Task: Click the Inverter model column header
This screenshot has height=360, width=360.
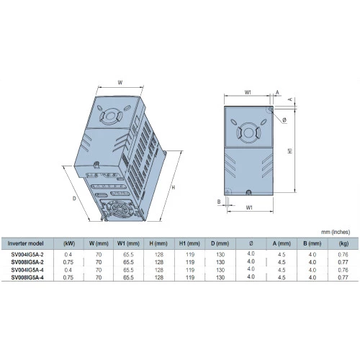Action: pos(25,243)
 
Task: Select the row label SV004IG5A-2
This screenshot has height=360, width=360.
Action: pos(27,254)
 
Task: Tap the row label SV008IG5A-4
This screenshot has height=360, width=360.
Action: pos(27,277)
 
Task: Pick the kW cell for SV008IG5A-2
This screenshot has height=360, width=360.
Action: pos(68,262)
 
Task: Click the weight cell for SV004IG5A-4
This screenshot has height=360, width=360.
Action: pos(343,270)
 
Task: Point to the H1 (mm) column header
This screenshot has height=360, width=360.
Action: pos(189,243)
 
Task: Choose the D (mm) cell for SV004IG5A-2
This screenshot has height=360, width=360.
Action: pos(220,254)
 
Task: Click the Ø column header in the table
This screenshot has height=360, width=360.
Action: pos(251,243)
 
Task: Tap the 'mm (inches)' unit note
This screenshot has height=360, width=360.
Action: pos(336,232)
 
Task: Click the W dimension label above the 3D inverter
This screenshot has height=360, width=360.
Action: pos(120,83)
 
